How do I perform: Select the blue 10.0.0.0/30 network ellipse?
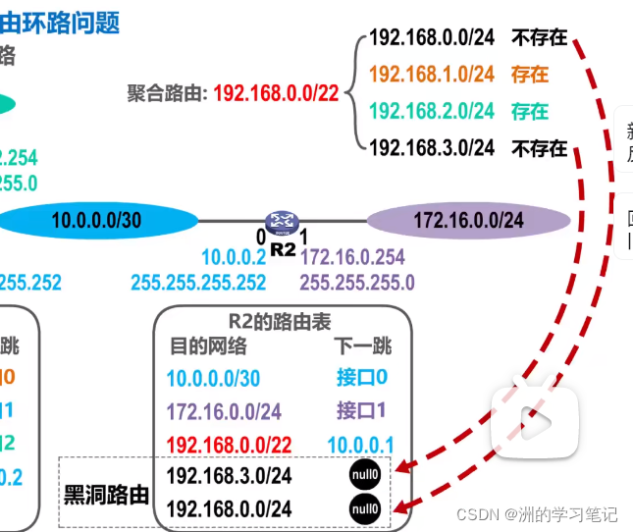(96, 221)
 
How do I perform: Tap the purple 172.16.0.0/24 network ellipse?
(468, 221)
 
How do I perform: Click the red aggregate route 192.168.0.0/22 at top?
(276, 93)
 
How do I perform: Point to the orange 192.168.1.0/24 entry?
(432, 74)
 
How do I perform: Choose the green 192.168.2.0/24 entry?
(432, 111)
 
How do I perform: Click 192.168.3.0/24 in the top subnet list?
(432, 148)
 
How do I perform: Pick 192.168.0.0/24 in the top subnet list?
(432, 38)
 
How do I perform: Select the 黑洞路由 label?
(107, 494)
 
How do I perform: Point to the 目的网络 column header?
(208, 346)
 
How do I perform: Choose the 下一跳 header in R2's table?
(362, 346)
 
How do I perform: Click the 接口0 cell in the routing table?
(362, 378)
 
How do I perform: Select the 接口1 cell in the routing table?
(362, 410)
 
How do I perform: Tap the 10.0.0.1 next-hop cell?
(360, 444)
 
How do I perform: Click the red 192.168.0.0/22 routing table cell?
(230, 444)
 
